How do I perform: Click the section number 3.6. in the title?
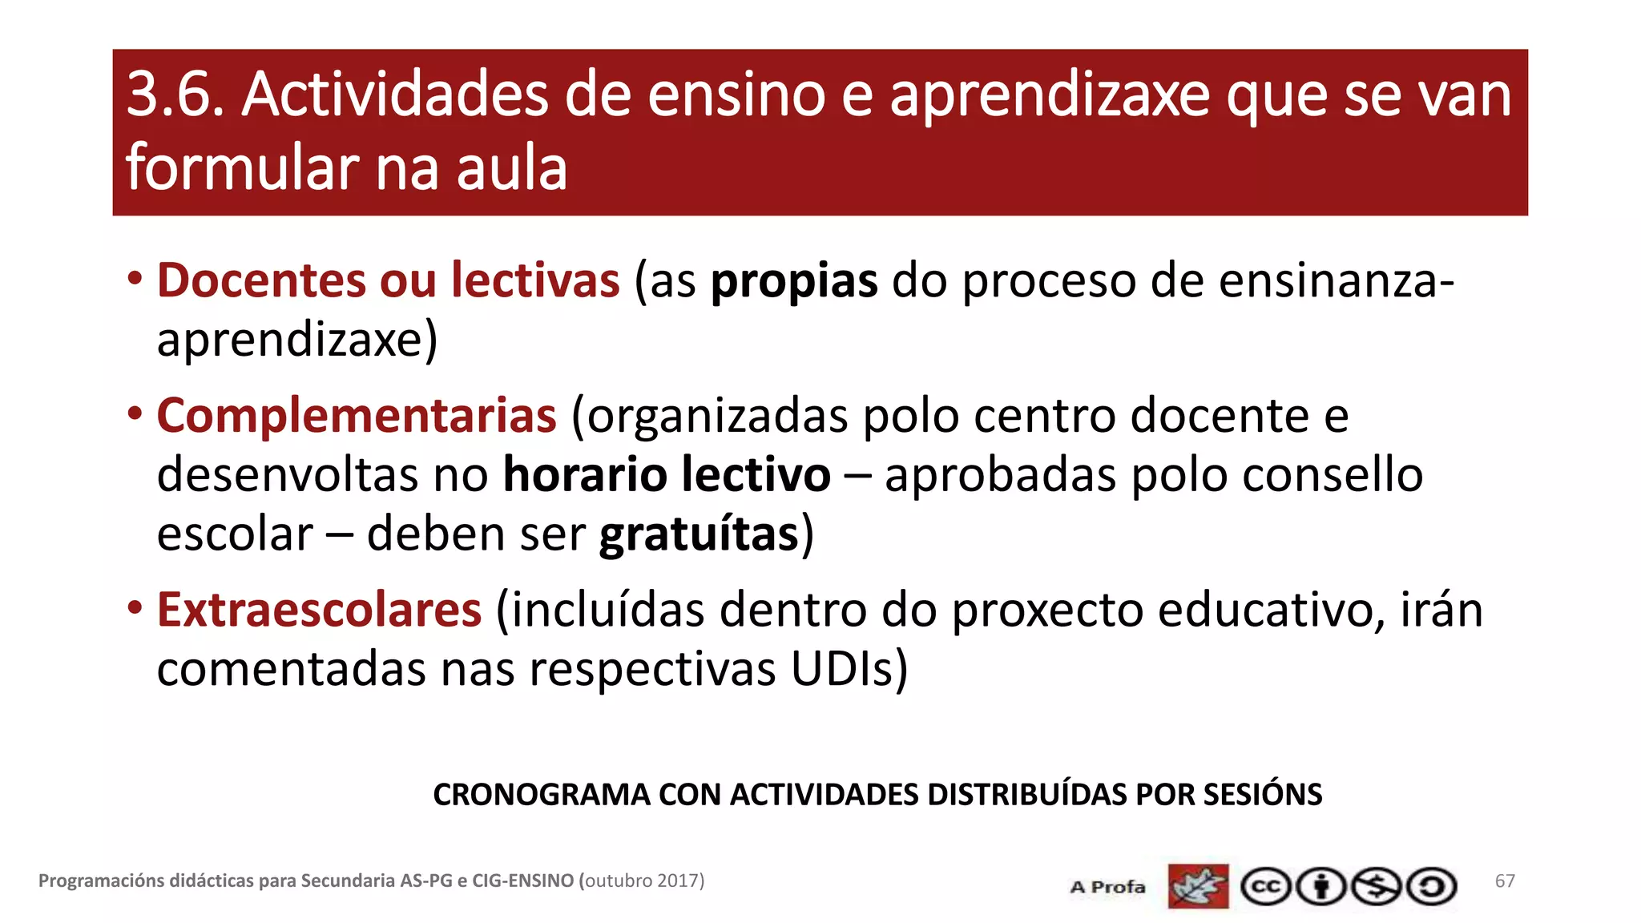175,95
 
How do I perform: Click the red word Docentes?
261,280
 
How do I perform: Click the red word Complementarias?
357,415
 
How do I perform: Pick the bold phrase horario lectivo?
667,474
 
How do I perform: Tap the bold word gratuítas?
700,534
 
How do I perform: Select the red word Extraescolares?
319,610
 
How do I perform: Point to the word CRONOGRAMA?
542,795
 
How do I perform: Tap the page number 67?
1505,881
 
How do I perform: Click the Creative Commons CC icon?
1265,887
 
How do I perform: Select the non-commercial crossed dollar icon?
1376,887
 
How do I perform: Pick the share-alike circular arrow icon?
1432,887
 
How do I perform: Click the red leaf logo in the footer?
1198,886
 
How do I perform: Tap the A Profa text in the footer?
1107,887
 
